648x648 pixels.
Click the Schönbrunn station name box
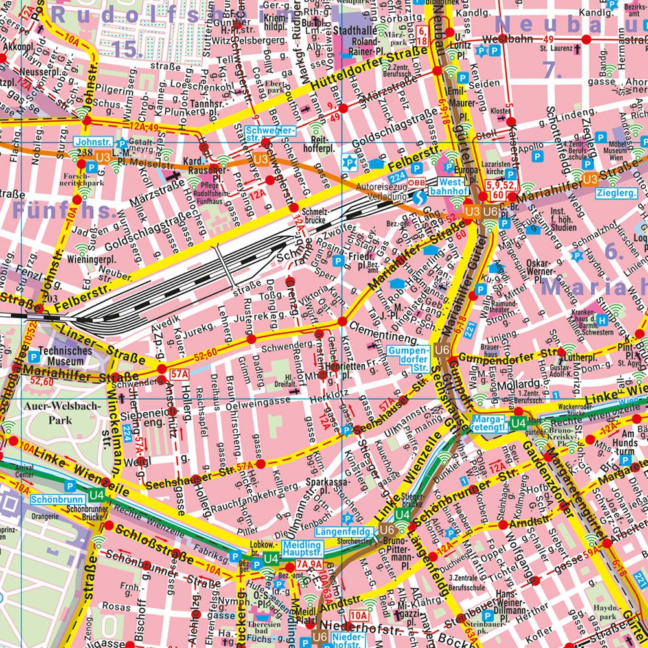coord(48,500)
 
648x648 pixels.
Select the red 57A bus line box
coord(179,374)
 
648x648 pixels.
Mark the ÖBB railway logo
coord(416,183)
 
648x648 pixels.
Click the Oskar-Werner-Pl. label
coord(560,267)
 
